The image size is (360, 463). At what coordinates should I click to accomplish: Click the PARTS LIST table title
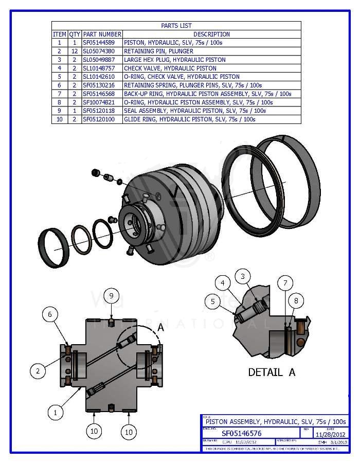(176, 26)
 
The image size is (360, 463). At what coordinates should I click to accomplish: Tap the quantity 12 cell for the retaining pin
(75, 51)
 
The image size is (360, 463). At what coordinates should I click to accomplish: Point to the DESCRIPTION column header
(211, 34)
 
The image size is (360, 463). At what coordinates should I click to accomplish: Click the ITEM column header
(60, 34)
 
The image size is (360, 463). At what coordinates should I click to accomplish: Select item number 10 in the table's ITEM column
(60, 119)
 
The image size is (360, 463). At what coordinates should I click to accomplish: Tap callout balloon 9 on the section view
(111, 296)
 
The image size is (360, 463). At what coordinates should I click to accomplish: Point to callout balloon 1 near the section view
(56, 412)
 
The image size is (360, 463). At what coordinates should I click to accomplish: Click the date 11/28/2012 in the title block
(330, 434)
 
